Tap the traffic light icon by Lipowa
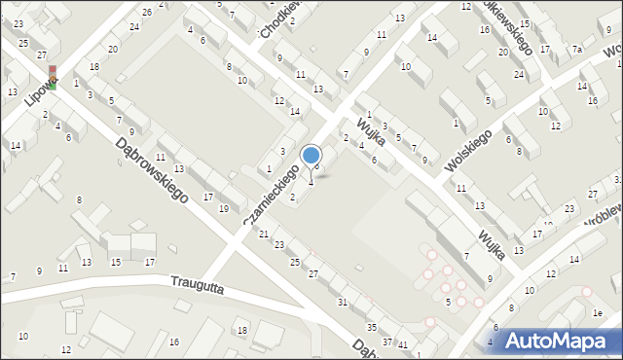pyautogui.click(x=54, y=78)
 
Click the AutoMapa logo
pyautogui.click(x=557, y=340)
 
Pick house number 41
pyautogui.click(x=403, y=345)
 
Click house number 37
pyautogui.click(x=387, y=341)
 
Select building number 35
pyautogui.click(x=372, y=326)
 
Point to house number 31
pyautogui.click(x=342, y=303)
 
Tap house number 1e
pyautogui.click(x=600, y=312)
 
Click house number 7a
pyautogui.click(x=576, y=50)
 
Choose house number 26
pyautogui.click(x=147, y=12)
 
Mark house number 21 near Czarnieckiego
pyautogui.click(x=263, y=234)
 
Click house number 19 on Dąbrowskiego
pyautogui.click(x=224, y=208)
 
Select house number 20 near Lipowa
pyautogui.click(x=114, y=49)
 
